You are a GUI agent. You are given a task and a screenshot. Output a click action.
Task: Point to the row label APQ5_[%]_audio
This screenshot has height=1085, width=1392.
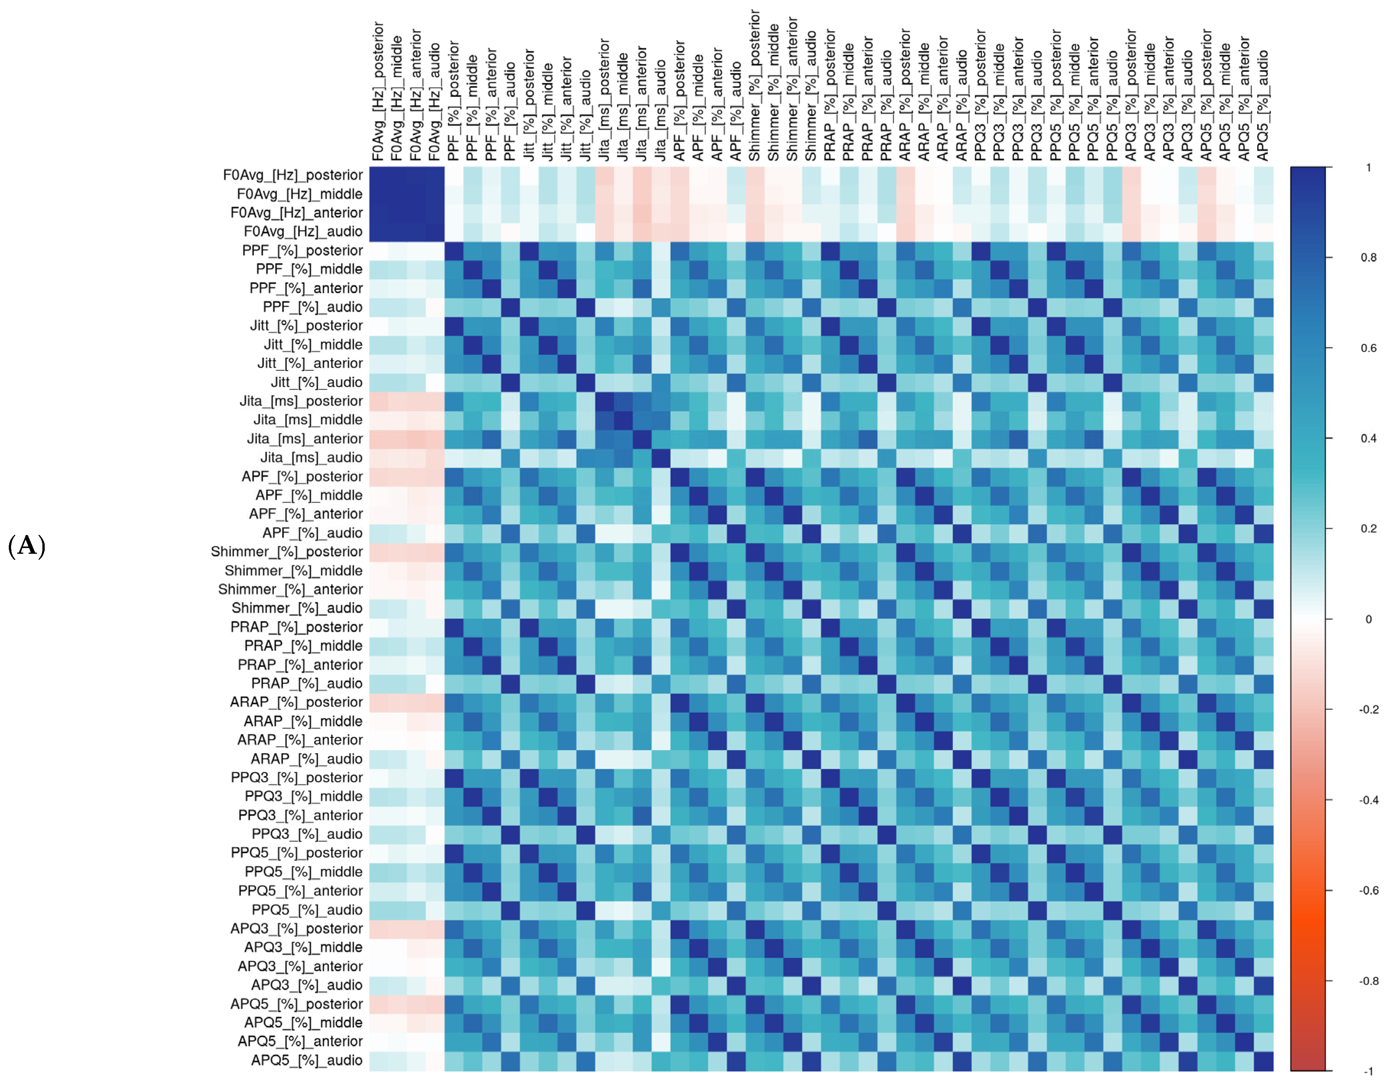[307, 1060]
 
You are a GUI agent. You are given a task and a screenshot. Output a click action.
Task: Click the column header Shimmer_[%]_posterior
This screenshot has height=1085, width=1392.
[755, 86]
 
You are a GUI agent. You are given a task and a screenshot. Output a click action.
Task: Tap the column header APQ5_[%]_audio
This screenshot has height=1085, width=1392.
[1263, 105]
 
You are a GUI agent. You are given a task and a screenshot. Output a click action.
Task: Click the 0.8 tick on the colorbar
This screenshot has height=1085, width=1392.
[1368, 257]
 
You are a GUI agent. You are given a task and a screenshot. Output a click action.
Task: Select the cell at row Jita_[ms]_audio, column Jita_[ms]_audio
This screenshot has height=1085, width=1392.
[661, 458]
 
